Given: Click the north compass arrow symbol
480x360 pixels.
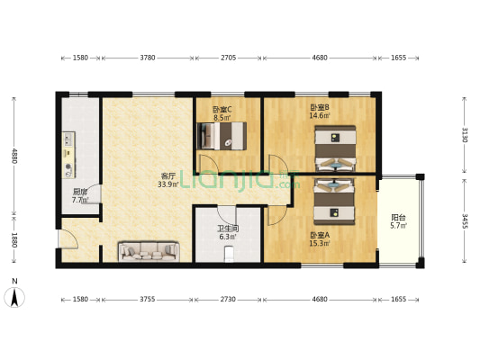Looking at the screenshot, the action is click(14, 297).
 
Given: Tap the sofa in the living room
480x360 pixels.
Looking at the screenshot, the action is click(149, 252).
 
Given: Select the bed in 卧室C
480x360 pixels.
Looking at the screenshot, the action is click(222, 136).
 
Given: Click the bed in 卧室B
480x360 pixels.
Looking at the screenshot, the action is click(335, 148).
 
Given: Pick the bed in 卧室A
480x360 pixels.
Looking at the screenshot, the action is click(334, 202).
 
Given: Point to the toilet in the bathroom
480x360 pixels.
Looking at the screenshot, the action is click(229, 255).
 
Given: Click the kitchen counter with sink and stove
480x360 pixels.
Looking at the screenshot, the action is click(68, 155).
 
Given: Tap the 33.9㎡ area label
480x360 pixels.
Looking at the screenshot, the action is click(168, 184).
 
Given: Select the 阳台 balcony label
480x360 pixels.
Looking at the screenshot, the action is click(398, 218).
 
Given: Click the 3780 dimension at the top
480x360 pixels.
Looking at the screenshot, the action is click(148, 58).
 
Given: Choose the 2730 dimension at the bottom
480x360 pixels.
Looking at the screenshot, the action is click(228, 299).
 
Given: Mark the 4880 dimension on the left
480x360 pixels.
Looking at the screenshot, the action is click(14, 156).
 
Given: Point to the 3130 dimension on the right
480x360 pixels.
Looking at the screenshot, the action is click(465, 135).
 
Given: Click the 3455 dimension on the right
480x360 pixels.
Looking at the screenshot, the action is click(465, 221).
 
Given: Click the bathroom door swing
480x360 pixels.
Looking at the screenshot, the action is click(226, 217).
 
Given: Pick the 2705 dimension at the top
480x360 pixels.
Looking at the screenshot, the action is click(229, 58).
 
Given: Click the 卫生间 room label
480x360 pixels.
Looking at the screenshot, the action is click(228, 229).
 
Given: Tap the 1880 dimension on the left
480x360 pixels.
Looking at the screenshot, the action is click(14, 240).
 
